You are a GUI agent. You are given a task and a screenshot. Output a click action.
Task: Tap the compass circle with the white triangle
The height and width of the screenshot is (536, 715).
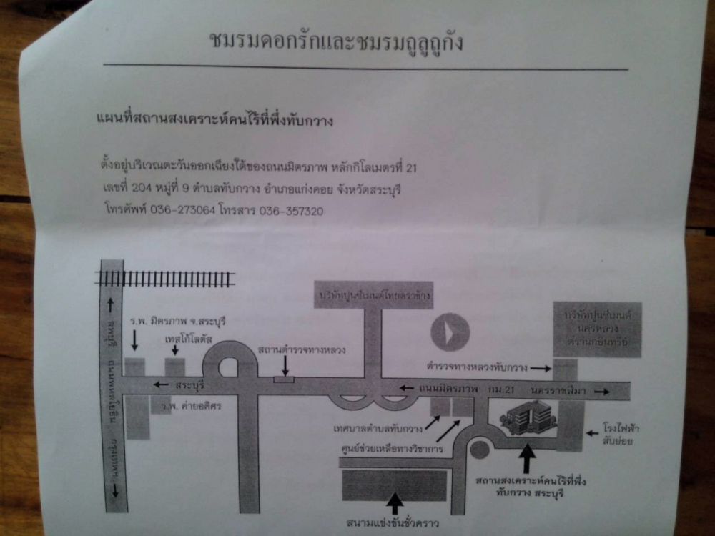450,332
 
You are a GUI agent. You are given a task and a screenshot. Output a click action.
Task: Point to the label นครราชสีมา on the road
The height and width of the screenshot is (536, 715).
557,389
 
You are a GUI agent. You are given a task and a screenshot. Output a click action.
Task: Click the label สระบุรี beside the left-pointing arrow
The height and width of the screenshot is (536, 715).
189,384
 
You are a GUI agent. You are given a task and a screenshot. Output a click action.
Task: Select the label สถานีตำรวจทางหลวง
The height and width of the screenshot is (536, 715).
302,349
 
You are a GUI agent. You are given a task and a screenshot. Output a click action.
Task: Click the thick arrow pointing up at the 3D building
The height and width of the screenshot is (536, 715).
527,458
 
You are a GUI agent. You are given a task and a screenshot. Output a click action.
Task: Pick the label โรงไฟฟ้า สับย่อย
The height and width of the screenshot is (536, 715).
621,435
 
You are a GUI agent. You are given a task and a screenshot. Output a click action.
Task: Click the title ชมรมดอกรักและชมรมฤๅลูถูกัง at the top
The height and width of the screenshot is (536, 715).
336,41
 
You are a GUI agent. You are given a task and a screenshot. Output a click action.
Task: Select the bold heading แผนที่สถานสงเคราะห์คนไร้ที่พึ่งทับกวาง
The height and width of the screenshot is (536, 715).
214,120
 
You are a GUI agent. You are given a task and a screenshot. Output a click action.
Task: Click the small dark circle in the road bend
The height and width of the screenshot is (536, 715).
480,450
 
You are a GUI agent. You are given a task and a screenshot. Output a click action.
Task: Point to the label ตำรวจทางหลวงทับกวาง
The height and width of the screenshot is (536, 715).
476,367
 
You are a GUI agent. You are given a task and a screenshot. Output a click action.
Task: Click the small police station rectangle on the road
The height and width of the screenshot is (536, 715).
284,379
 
